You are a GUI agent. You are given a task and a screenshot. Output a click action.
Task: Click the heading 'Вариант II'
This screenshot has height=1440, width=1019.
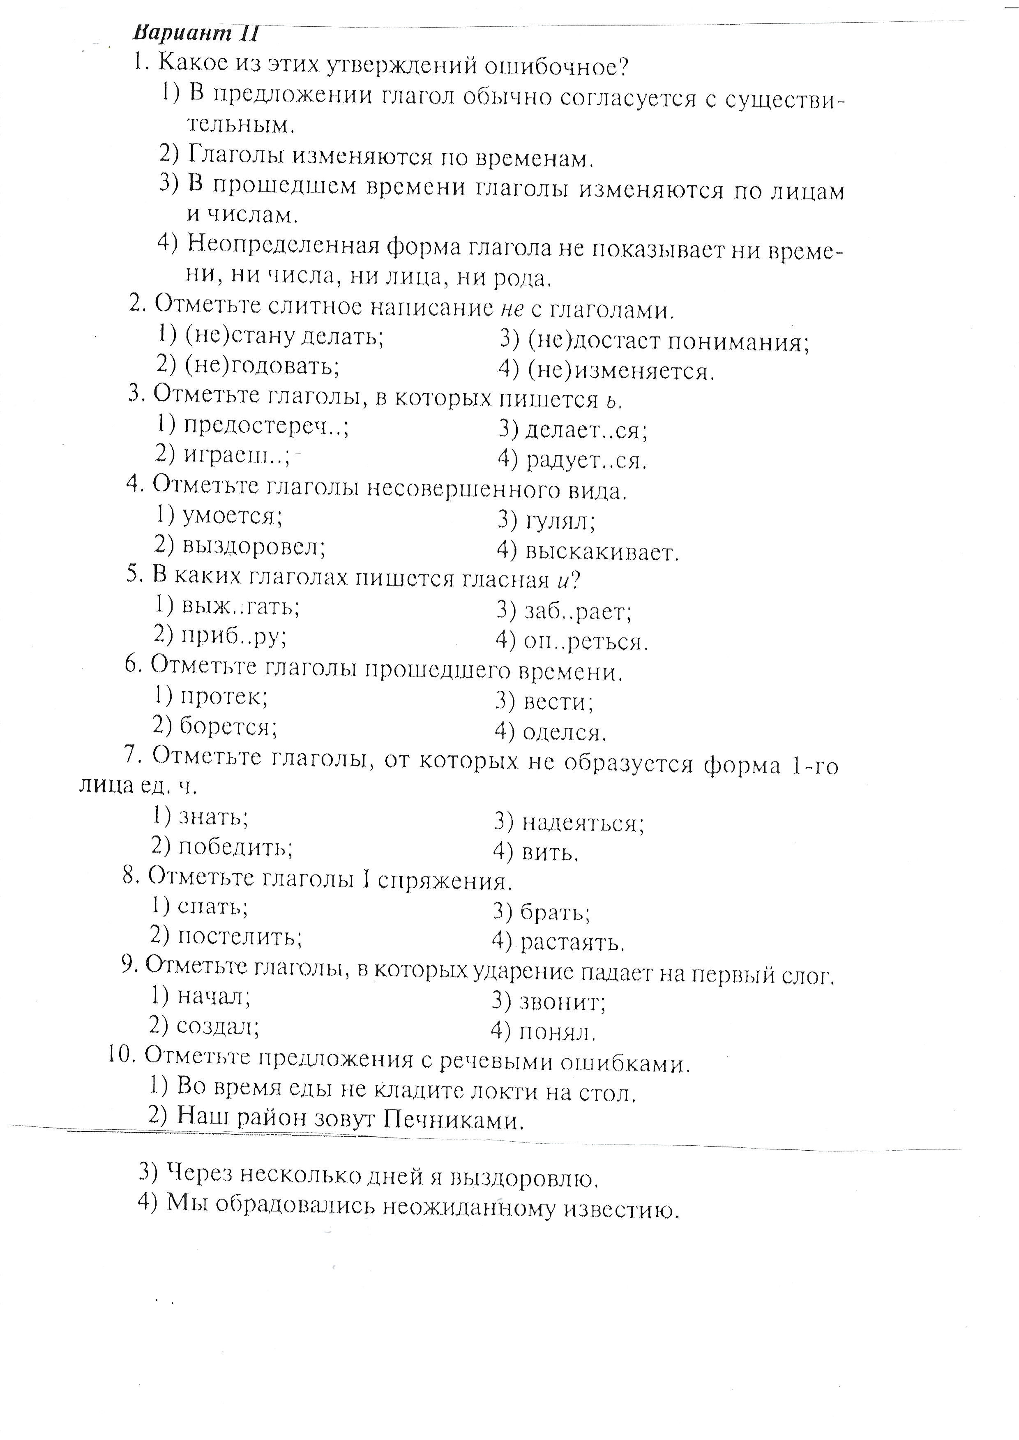pos(196,32)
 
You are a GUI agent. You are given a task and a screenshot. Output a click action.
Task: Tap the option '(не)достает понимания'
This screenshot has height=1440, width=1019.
pos(668,342)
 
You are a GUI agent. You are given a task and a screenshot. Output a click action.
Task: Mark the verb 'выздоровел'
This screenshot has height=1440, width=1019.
pos(254,547)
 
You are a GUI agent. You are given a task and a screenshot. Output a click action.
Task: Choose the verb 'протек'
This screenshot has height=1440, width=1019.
pos(224,697)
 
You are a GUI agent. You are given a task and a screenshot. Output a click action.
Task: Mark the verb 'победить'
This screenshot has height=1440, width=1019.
pos(235,847)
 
